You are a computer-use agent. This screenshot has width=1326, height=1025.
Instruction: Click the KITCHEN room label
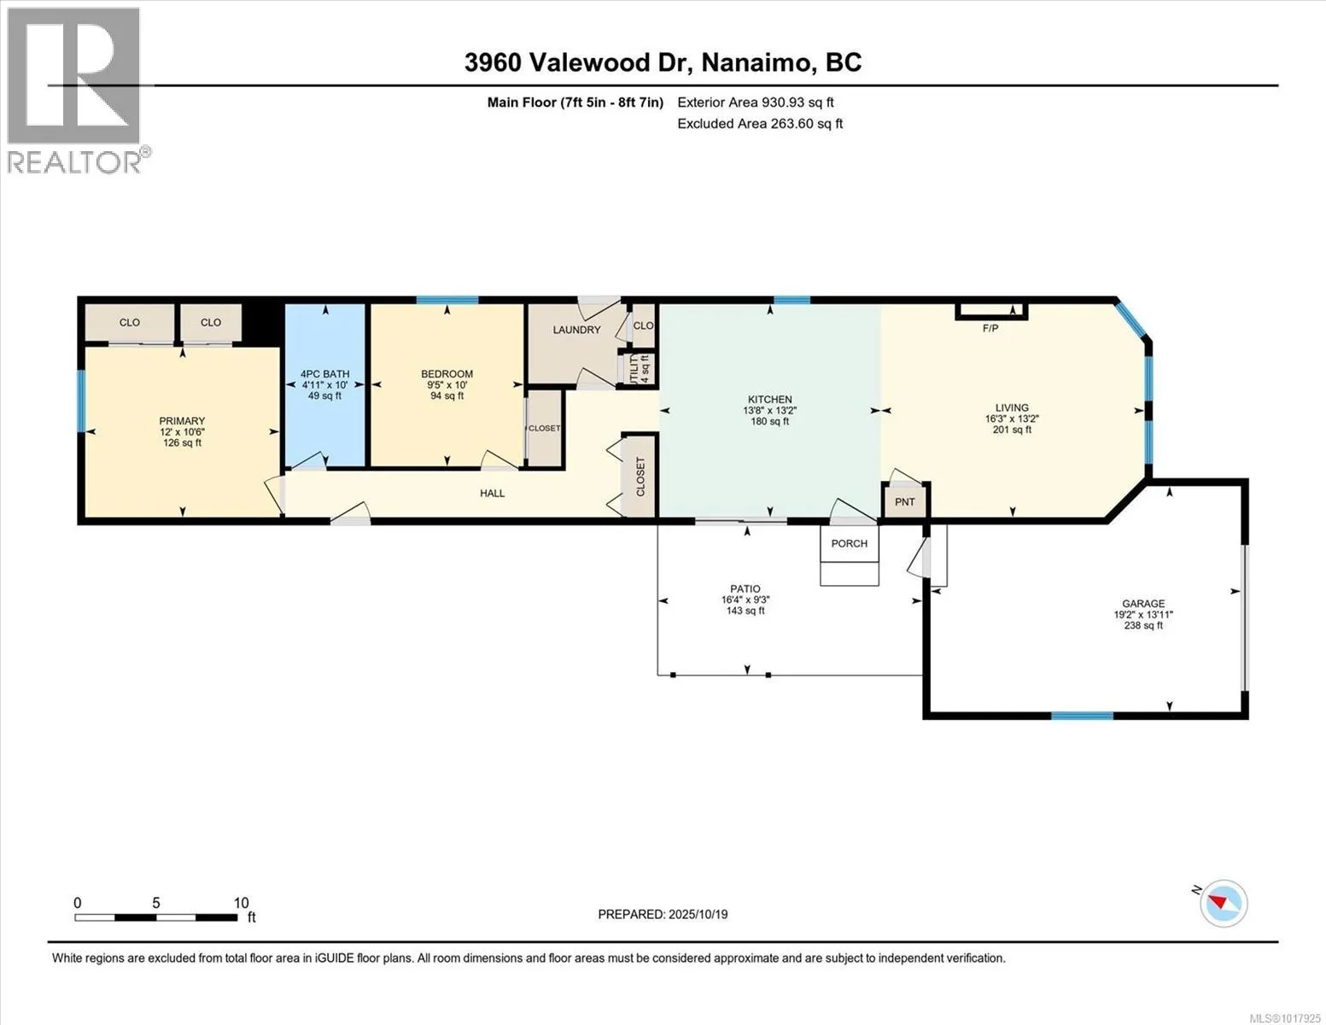tap(769, 399)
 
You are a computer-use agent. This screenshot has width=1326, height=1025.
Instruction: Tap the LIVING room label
tap(1012, 407)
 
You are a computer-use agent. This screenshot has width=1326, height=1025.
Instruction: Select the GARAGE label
tap(1143, 604)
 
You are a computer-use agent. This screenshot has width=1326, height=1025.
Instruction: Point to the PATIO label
tap(745, 589)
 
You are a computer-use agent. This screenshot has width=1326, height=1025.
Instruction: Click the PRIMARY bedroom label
tap(182, 420)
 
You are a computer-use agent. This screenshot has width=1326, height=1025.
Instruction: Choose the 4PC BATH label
tap(324, 374)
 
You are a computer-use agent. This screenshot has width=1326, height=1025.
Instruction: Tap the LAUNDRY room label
tap(576, 330)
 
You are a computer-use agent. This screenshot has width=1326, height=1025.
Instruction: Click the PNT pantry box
tap(905, 501)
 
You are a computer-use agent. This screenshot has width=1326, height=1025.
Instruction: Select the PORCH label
tap(849, 543)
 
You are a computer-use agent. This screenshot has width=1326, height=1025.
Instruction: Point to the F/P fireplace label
tap(990, 329)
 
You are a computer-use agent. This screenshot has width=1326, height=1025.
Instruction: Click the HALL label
tap(492, 493)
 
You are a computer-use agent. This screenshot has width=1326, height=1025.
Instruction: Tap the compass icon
tap(1223, 904)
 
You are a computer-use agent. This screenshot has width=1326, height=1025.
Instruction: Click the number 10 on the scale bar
tap(241, 903)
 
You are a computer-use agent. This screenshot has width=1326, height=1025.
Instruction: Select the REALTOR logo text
tap(76, 161)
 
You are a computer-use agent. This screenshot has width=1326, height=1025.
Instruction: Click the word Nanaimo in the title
tap(759, 62)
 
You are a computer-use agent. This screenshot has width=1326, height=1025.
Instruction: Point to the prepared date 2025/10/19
tap(698, 915)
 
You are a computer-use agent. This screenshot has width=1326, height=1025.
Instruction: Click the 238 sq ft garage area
tap(1143, 626)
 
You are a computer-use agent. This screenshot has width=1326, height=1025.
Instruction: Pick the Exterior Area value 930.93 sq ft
tap(797, 102)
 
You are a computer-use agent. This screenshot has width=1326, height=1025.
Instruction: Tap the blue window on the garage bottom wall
tap(1082, 716)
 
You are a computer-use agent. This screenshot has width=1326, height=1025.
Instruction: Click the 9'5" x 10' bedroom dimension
tap(447, 385)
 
